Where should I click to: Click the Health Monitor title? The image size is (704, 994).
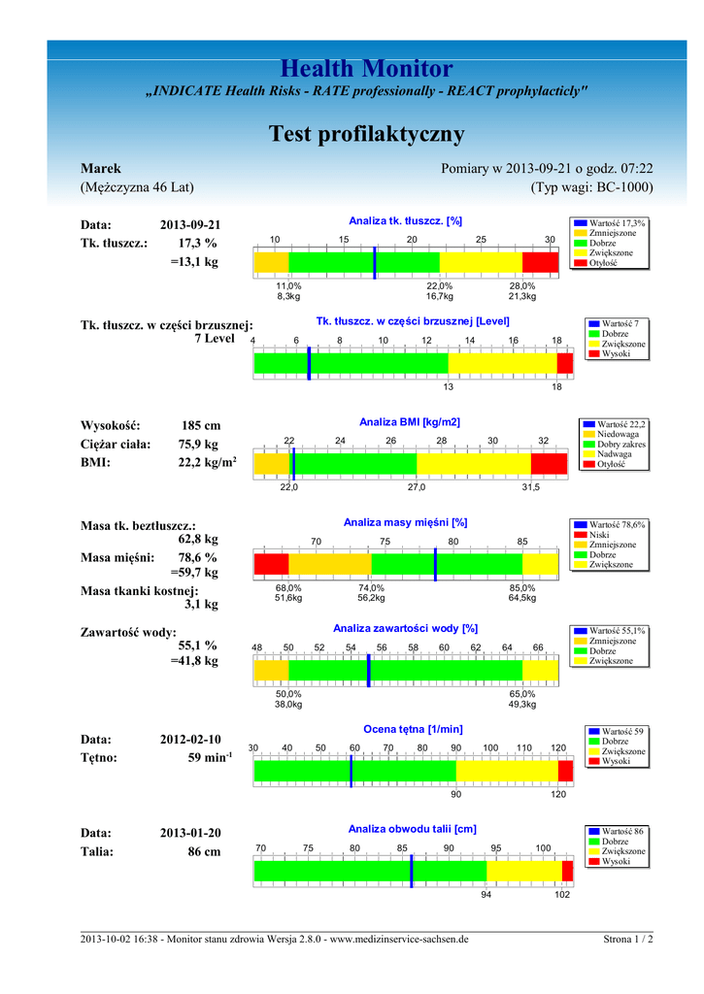366,69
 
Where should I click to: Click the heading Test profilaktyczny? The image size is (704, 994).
366,133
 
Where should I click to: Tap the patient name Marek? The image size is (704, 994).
100,169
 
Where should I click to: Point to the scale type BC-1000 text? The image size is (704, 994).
591,187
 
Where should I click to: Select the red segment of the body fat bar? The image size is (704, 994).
540,262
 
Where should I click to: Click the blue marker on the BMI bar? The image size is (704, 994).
293,464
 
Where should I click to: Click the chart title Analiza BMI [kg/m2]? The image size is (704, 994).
409,422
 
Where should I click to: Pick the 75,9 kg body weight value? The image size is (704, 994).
198,445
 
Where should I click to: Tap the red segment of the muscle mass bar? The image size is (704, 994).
271,564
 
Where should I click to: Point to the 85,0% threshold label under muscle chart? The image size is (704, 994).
522,588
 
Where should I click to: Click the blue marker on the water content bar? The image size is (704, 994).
369,670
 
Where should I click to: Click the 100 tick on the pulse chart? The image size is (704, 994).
490,747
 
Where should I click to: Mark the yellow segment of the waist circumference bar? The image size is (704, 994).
523,871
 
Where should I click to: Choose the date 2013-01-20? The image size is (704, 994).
190,833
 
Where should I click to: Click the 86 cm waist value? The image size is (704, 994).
204,851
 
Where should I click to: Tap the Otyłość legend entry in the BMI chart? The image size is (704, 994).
612,464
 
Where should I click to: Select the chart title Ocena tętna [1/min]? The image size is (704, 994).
413,729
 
